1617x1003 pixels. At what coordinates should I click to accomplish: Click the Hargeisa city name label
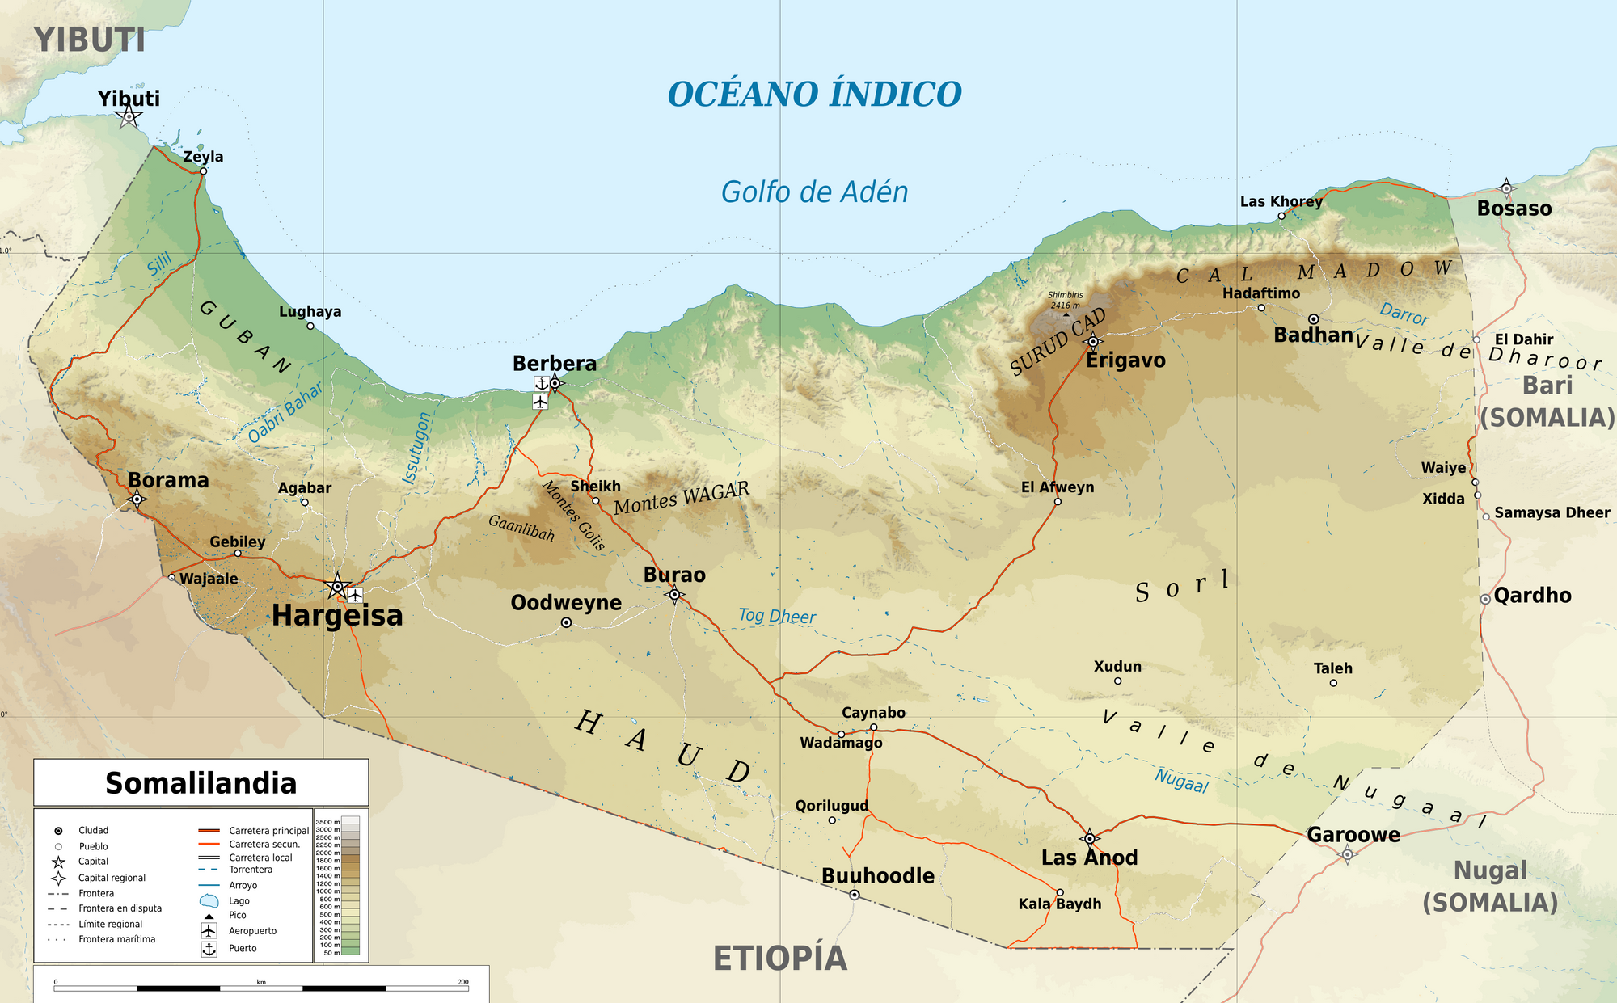[x=337, y=616]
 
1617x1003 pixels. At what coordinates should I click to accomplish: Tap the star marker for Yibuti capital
[x=129, y=117]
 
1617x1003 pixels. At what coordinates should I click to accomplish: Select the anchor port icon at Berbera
[x=541, y=383]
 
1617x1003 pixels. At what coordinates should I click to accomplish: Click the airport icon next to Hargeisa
[x=355, y=596]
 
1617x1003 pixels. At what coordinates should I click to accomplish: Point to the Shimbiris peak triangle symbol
[x=1066, y=314]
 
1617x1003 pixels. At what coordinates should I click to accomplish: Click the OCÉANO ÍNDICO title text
[x=814, y=95]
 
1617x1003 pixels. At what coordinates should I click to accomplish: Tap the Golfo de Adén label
[x=814, y=192]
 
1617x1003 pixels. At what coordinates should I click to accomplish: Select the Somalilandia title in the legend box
[x=201, y=783]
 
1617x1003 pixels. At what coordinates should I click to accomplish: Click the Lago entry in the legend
[x=239, y=900]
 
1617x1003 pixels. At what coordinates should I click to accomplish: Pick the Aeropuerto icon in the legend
[x=209, y=931]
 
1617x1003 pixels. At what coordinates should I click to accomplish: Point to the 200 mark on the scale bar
[x=463, y=982]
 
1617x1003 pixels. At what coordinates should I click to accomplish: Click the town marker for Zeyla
[x=203, y=171]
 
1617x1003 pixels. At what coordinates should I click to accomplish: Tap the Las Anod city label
[x=1089, y=858]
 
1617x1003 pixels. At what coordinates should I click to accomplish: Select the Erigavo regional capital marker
[x=1093, y=341]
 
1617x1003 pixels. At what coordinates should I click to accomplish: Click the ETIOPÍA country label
[x=779, y=959]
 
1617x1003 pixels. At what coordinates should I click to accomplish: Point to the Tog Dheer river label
[x=776, y=617]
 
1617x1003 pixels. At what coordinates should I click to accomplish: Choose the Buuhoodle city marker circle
[x=855, y=895]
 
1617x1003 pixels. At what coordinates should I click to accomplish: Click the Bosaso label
[x=1514, y=209]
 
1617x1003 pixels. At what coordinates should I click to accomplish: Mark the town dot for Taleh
[x=1333, y=683]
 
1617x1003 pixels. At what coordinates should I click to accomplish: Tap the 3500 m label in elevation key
[x=327, y=822]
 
